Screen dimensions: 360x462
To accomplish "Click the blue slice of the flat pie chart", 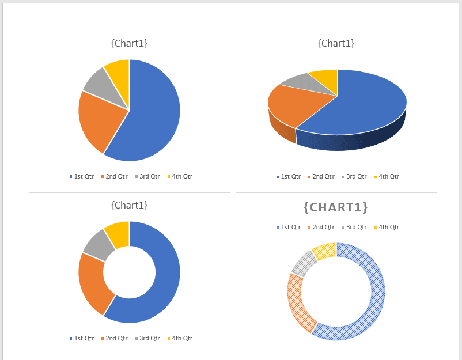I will pos(153,112).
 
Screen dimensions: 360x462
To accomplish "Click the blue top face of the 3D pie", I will pos(363,104).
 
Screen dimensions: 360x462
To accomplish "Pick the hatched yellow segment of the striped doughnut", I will pos(325,251).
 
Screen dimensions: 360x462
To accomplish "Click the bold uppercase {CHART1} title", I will pos(336,207).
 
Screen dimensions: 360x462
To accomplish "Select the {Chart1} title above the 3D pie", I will pos(336,43).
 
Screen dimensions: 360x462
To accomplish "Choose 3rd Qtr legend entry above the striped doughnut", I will pos(354,227).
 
